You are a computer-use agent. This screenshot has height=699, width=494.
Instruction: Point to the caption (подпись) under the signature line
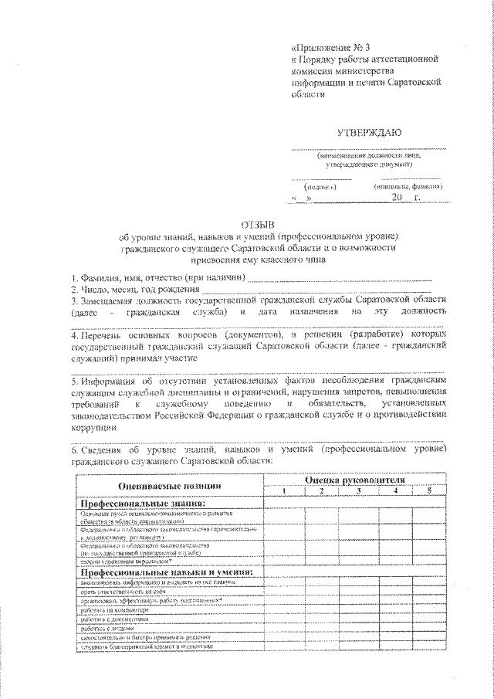319,187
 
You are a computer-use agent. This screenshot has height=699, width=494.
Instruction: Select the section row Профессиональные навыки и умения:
167,572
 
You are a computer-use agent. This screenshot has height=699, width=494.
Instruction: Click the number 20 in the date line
397,199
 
